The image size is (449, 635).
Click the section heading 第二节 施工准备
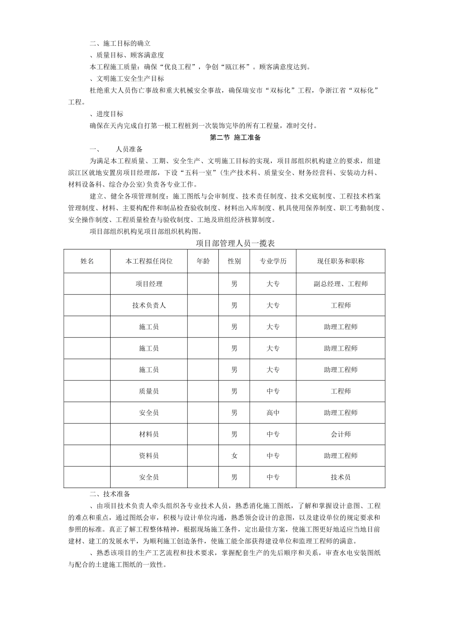[235, 138]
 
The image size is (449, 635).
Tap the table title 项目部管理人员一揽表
[235, 243]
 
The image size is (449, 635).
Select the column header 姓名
[87, 261]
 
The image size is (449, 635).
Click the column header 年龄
[203, 261]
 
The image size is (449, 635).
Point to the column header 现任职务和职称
[340, 261]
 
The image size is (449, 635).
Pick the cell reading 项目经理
[149, 284]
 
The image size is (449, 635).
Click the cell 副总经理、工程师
[340, 284]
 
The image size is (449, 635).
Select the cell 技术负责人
[149, 305]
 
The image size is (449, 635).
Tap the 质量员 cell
[149, 391]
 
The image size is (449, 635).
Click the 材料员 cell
[149, 434]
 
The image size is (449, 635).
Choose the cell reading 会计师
[340, 434]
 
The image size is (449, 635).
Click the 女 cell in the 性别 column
[234, 456]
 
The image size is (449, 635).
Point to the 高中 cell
[273, 413]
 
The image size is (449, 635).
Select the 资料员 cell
[149, 456]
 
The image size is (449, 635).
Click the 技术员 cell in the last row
[340, 477]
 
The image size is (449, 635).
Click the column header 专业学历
[273, 261]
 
